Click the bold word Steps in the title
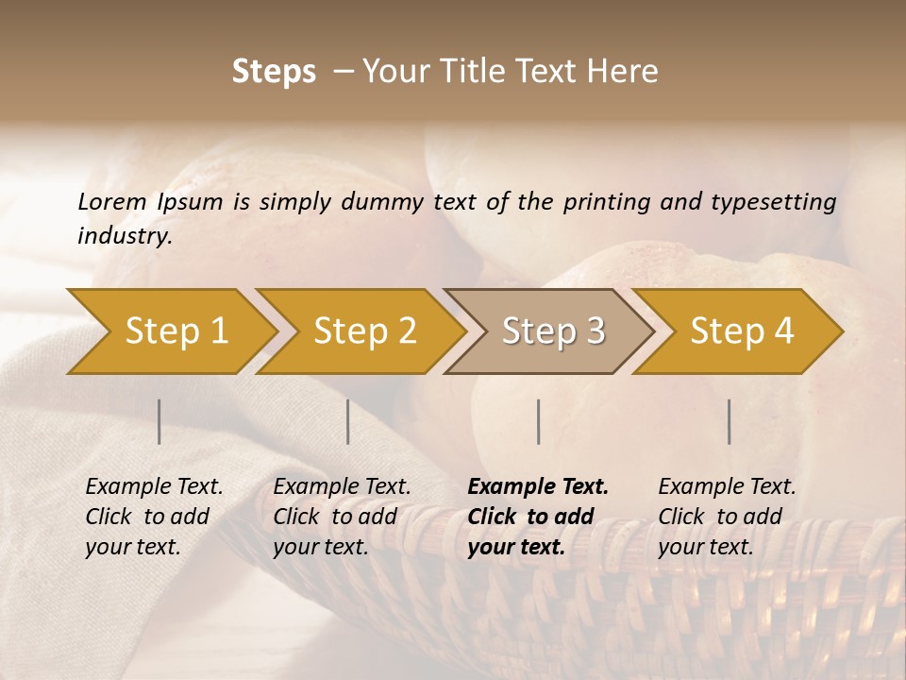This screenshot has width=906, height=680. point(274,72)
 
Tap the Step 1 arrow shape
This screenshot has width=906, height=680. point(176,331)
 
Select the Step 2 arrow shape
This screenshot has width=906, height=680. point(364,331)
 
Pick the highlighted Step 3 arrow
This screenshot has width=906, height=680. point(553,331)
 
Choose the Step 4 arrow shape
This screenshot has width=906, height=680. point(742,331)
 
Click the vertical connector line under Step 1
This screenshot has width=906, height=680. point(159,421)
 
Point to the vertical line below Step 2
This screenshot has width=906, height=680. point(348,421)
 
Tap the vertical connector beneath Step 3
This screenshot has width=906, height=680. point(538,421)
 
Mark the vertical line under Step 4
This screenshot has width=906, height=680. point(730,421)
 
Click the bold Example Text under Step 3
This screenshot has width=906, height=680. point(537,517)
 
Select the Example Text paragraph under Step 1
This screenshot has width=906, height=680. point(153,517)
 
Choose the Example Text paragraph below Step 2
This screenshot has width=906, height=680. point(341,517)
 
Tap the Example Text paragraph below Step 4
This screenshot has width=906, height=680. point(726,517)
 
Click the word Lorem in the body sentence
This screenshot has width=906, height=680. point(112,202)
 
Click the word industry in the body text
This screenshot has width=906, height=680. point(125,236)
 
